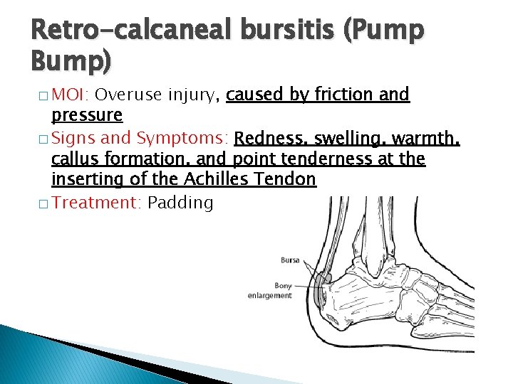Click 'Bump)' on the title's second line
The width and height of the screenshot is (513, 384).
[x=71, y=63]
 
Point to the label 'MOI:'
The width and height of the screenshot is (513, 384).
[x=71, y=95]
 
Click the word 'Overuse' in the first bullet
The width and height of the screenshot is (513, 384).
[x=125, y=95]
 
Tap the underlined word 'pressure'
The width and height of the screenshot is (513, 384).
[x=87, y=115]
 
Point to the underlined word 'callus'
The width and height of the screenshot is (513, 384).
[x=76, y=159]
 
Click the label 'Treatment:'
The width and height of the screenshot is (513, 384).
[x=97, y=203]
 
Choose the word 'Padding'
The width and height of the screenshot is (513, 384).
[x=180, y=203]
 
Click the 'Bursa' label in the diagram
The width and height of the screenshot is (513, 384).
[x=290, y=260]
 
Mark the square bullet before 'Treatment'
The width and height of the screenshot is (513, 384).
[x=44, y=203]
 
